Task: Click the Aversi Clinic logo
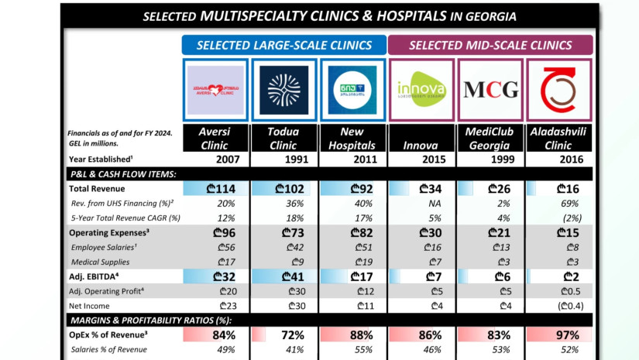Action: point(216,90)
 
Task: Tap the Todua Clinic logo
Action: point(283,90)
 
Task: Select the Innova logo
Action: point(421,90)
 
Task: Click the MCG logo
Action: point(490,90)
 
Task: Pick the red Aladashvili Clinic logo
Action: point(558,90)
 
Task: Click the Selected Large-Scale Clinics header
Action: point(283,45)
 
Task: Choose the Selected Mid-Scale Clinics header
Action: point(490,45)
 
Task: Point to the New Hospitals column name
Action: point(352,138)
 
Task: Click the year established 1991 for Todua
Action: point(283,159)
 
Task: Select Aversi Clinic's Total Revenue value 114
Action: point(222,188)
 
